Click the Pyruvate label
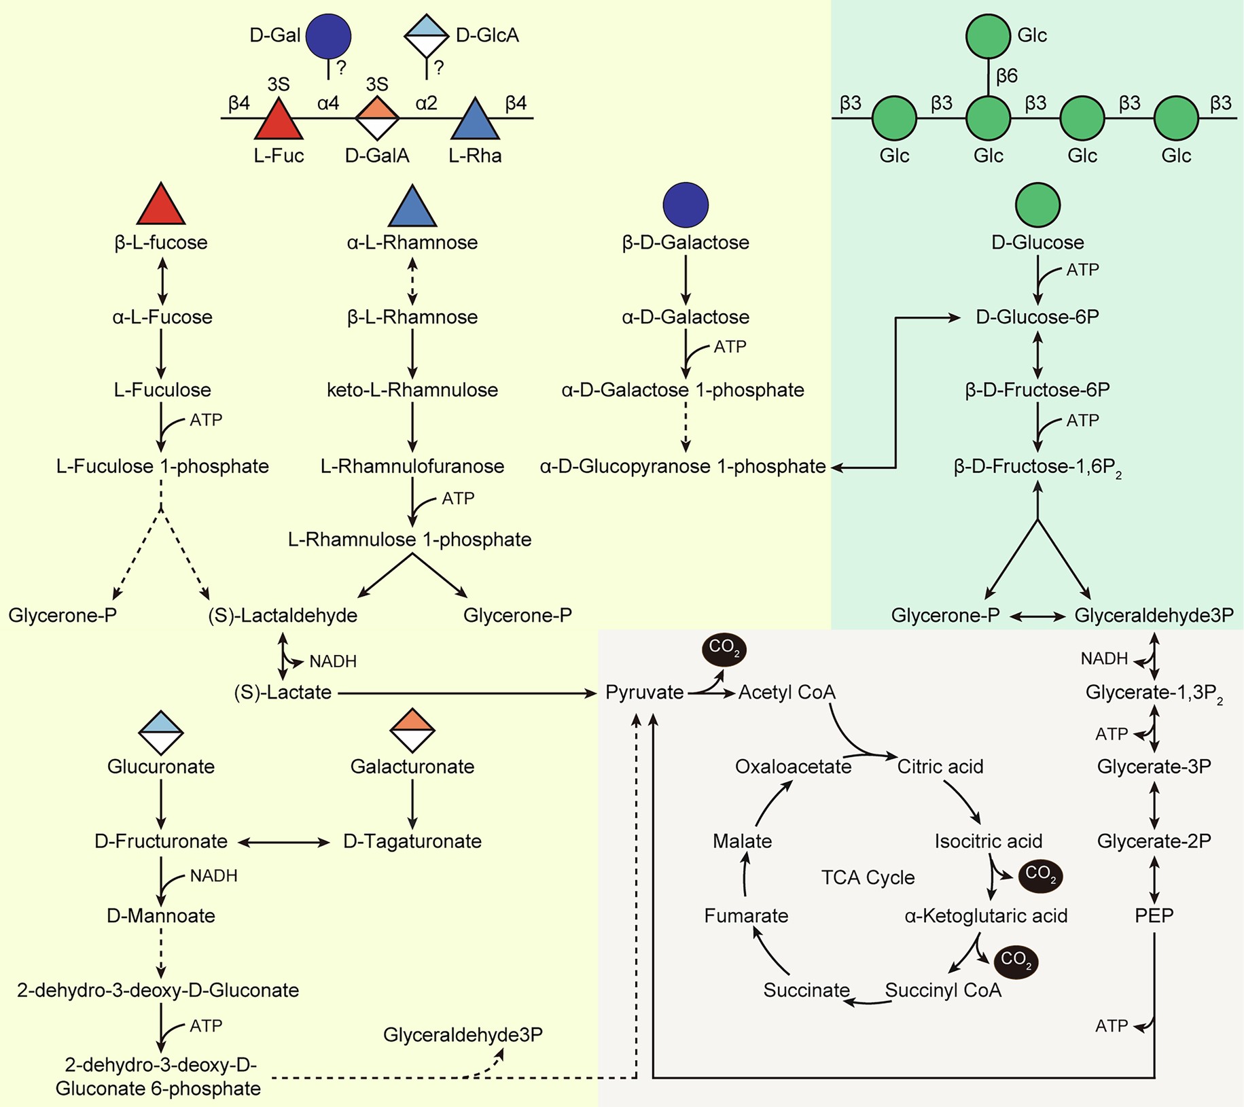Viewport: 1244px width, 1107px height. (x=644, y=692)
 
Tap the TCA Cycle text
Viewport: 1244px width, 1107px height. (x=868, y=877)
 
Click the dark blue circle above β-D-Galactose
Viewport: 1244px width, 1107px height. (x=686, y=205)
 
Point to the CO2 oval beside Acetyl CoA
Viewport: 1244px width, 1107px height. (x=724, y=649)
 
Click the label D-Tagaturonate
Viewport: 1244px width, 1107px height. (x=412, y=841)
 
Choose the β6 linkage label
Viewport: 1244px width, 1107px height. (x=1006, y=76)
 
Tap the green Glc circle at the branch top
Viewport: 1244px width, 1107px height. (x=988, y=36)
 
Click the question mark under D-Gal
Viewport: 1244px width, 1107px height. (x=342, y=67)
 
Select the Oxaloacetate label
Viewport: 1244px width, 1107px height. (x=793, y=767)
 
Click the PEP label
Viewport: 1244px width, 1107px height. (x=1154, y=915)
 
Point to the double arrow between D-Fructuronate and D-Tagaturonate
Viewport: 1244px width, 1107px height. (x=283, y=842)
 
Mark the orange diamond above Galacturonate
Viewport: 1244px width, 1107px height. (x=412, y=731)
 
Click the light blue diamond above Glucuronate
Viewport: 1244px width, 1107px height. (x=161, y=732)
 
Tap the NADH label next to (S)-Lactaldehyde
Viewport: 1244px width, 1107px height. (x=332, y=661)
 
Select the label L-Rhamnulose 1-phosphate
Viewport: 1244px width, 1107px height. (x=410, y=540)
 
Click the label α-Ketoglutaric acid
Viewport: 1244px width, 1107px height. (x=986, y=916)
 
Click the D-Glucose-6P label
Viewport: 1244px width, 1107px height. (x=1037, y=317)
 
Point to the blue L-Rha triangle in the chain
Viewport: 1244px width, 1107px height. (x=475, y=122)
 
